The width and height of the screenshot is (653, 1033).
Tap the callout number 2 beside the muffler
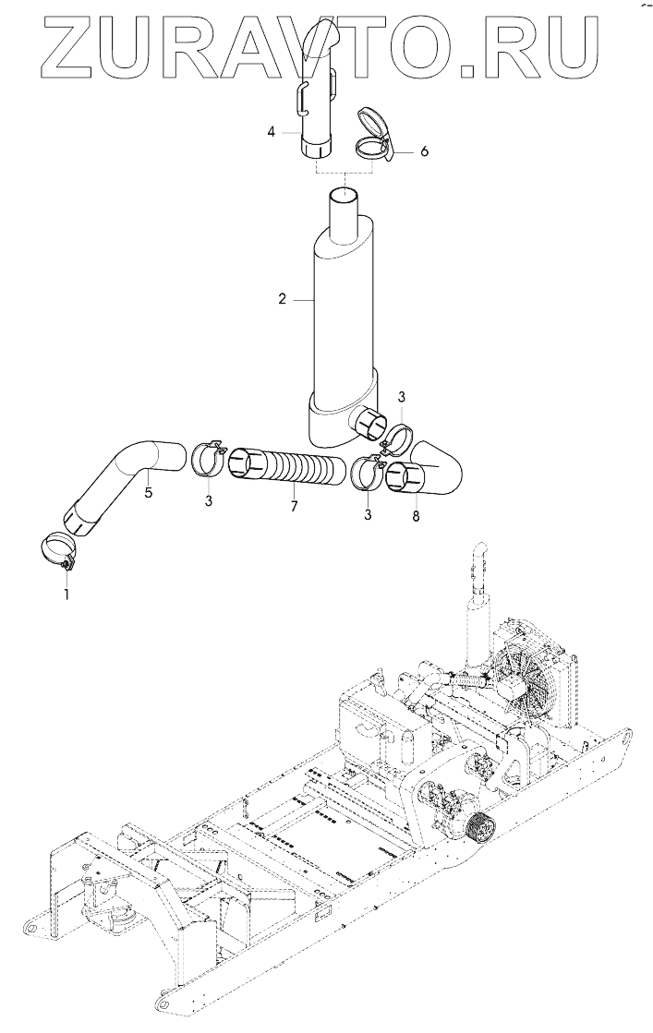point(284,299)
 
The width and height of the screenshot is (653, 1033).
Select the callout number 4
point(272,133)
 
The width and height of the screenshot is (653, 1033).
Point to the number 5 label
point(148,493)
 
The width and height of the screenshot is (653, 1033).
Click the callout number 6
point(424,150)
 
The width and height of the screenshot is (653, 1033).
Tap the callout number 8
point(415,517)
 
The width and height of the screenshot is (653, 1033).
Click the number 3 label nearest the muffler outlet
point(402,396)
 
